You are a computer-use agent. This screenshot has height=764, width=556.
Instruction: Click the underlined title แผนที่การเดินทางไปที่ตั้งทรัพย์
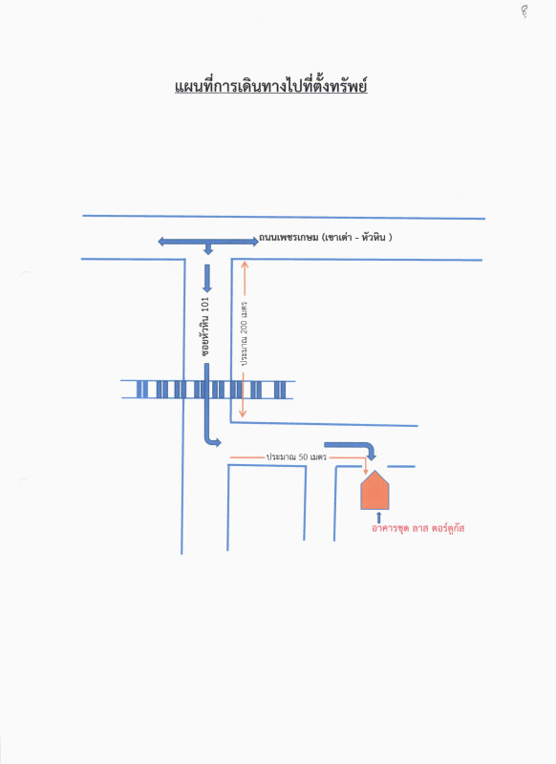(271, 86)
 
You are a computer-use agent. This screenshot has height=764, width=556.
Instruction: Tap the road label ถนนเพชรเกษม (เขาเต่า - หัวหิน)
(326, 238)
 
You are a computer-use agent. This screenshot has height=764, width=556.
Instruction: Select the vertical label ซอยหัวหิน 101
(205, 327)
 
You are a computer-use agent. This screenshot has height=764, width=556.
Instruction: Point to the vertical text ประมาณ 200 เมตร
(244, 333)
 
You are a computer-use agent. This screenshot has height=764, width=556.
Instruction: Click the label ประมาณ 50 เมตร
(296, 457)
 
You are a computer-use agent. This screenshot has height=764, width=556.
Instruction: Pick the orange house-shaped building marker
(374, 490)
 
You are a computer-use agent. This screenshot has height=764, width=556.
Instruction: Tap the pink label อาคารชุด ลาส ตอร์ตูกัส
(417, 528)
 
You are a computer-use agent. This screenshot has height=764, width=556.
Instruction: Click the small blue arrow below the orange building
(378, 518)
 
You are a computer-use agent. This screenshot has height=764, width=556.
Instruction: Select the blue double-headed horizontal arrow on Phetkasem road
(208, 241)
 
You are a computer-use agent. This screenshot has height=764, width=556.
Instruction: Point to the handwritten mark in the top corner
(524, 11)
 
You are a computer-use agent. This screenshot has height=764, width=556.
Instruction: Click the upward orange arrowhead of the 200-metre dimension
(245, 265)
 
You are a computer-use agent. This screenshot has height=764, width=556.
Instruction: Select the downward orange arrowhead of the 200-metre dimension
(243, 414)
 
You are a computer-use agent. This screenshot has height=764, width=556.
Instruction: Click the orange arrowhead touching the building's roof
(366, 471)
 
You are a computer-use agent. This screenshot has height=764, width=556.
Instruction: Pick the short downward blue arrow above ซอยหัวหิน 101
(207, 278)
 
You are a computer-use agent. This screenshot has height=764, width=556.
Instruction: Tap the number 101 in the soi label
(205, 305)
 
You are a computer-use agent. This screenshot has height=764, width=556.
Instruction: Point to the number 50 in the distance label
(303, 457)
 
